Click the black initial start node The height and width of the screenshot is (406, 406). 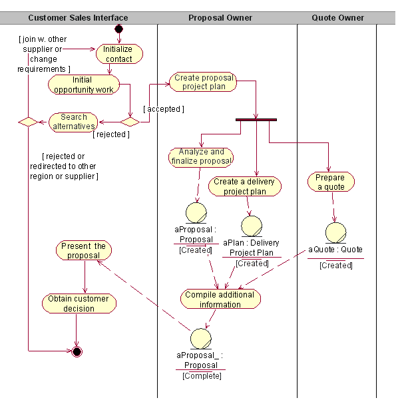[x=118, y=29]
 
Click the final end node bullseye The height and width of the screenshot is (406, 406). [x=77, y=351]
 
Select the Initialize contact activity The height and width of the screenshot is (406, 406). [x=118, y=54]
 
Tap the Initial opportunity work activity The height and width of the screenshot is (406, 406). [x=83, y=85]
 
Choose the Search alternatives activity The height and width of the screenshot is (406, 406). [x=74, y=122]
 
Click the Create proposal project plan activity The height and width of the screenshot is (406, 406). [x=204, y=82]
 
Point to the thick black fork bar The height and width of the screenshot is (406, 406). [x=256, y=119]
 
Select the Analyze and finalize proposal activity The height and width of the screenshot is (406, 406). [x=201, y=156]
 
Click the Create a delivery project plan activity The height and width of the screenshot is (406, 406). [x=244, y=186]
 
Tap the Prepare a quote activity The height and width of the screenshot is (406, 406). [x=331, y=182]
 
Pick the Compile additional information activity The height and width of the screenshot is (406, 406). [x=220, y=300]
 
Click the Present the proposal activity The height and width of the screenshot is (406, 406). [x=83, y=251]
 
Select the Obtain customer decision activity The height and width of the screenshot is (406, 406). [x=79, y=304]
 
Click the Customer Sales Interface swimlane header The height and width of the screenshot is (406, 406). [x=79, y=18]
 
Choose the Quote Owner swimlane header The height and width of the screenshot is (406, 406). [x=337, y=18]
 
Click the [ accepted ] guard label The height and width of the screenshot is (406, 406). [x=163, y=108]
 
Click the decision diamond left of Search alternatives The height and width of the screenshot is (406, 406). [x=28, y=122]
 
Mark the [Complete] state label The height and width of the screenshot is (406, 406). [x=202, y=376]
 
